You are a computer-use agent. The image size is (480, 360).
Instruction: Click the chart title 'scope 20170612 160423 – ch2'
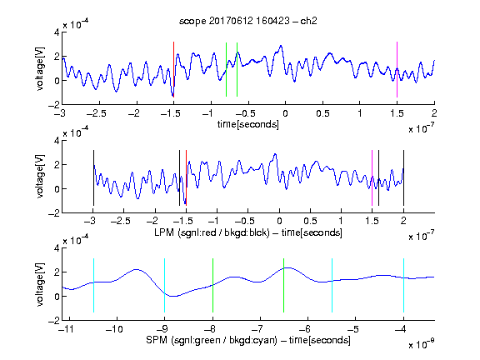click(x=248, y=21)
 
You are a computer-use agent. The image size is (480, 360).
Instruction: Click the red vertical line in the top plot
click(x=173, y=69)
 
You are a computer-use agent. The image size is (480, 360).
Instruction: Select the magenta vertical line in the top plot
click(x=397, y=69)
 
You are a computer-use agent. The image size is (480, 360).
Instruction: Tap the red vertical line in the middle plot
click(x=186, y=177)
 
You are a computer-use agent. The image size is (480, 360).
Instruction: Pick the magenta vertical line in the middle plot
click(x=372, y=177)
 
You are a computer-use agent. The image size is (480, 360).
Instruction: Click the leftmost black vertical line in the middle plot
click(x=93, y=177)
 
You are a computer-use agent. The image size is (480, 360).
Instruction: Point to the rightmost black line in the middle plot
click(x=403, y=177)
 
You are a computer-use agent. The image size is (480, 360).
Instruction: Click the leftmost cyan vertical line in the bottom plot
click(x=93, y=285)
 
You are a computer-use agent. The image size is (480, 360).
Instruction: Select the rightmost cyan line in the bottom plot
click(x=403, y=285)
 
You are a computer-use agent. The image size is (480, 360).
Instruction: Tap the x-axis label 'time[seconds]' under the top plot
click(x=248, y=124)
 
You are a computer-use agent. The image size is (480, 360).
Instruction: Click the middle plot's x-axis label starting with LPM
click(x=248, y=232)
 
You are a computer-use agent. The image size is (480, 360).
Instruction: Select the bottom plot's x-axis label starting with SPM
click(x=248, y=340)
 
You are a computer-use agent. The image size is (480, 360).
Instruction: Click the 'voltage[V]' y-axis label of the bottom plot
click(x=40, y=284)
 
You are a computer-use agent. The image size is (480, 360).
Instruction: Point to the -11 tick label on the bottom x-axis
click(x=67, y=329)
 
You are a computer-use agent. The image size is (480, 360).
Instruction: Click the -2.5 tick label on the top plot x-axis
click(x=97, y=113)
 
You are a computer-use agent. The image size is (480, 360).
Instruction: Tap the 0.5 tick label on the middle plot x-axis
click(x=310, y=221)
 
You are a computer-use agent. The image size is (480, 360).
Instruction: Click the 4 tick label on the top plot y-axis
click(x=57, y=32)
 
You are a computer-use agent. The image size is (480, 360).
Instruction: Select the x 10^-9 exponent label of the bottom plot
click(x=422, y=344)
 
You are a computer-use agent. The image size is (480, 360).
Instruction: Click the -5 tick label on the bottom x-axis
click(x=353, y=329)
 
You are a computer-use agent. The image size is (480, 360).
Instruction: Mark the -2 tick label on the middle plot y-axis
click(x=54, y=213)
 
